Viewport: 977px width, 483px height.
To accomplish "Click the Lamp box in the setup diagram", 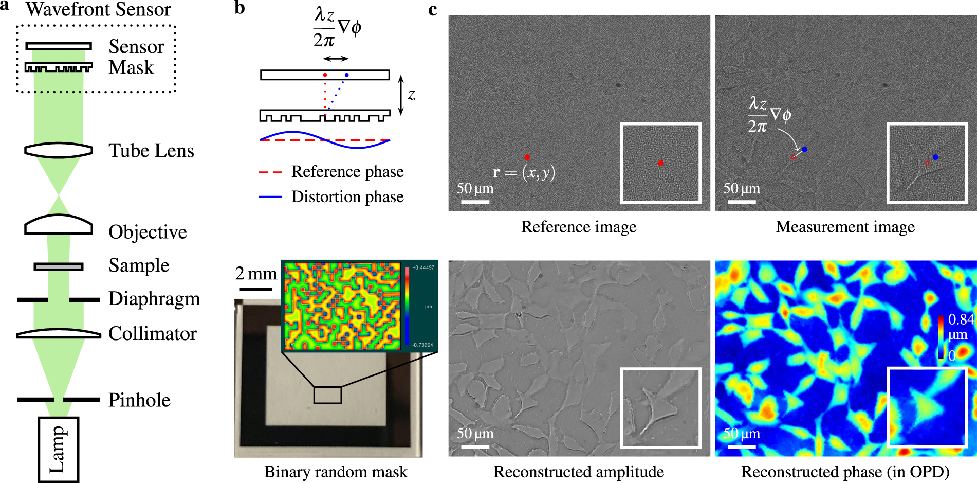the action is tap(59, 449).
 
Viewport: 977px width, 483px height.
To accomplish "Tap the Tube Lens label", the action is tap(151, 151).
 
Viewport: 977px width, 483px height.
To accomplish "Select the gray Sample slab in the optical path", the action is tap(59, 266).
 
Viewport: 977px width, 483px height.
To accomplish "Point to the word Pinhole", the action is tap(139, 400).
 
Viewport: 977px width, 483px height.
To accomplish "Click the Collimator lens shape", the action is tap(59, 334).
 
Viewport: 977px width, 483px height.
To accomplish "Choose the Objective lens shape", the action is tap(59, 225).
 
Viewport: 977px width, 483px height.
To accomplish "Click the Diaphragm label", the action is tap(154, 298).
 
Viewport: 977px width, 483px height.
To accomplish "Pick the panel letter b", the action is tap(239, 8).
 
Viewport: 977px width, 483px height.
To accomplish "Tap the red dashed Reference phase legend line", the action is tap(270, 172).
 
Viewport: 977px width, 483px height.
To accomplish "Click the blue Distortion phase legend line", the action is tap(270, 197).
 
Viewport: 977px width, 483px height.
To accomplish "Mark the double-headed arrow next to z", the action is tap(401, 95).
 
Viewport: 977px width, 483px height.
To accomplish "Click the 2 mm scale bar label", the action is tap(256, 273).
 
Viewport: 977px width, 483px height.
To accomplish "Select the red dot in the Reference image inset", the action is tap(661, 163).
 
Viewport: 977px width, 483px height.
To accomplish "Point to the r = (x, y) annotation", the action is tap(524, 173).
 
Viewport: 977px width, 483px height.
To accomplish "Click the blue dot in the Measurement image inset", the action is tap(935, 157).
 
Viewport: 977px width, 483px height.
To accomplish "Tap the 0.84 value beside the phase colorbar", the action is tap(961, 319).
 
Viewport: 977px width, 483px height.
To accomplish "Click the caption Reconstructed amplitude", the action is tap(579, 472).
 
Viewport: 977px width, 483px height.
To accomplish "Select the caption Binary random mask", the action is tap(336, 472).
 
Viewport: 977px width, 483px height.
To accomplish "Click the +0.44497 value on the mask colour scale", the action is tap(423, 267).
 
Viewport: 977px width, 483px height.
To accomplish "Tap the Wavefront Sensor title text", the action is tap(98, 9).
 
